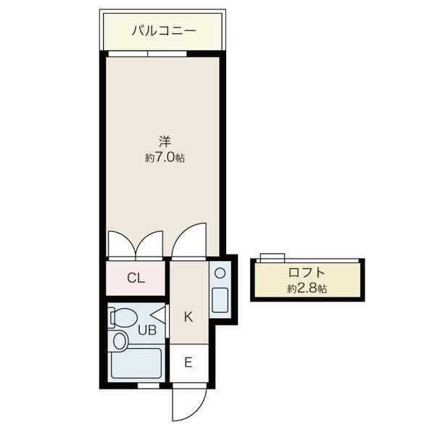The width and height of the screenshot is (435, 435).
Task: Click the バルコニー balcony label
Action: pos(164,30)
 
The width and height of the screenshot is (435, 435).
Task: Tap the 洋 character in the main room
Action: pos(165,141)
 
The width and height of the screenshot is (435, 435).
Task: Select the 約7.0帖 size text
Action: pos(165,158)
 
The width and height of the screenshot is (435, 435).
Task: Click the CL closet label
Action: pos(136,278)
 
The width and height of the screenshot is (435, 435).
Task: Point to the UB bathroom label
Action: pos(147,330)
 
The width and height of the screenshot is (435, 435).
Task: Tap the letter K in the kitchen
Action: pos(188,317)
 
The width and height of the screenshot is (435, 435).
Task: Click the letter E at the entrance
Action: pos(188,362)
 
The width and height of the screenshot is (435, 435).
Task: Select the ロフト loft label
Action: pos(307,273)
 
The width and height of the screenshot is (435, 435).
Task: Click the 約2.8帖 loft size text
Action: pos(307,289)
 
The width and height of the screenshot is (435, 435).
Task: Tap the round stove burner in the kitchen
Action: pos(220,273)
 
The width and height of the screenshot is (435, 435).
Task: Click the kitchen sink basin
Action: pos(220,300)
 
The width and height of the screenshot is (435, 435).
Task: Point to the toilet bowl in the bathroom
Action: pos(123,318)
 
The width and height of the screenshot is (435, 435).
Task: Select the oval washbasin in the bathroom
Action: pos(120,341)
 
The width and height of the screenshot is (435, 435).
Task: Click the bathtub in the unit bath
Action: pos(136,363)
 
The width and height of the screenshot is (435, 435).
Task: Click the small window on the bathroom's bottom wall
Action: pos(149,386)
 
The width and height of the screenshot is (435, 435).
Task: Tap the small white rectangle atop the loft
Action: pos(273,257)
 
